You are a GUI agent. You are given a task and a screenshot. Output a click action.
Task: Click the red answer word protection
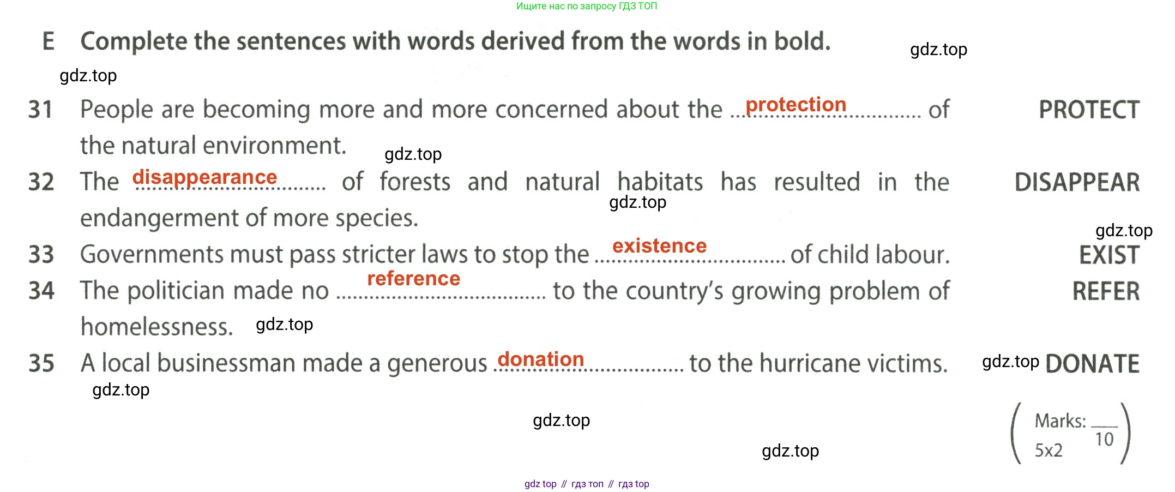(x=796, y=105)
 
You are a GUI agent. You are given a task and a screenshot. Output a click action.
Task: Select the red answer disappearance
(x=204, y=178)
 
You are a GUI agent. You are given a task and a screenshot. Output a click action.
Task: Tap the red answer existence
(x=659, y=246)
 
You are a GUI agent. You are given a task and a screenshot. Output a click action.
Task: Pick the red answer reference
(x=413, y=279)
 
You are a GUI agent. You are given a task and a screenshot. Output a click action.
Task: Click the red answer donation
(x=541, y=359)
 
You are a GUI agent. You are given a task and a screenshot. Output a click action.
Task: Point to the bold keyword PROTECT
(x=1089, y=110)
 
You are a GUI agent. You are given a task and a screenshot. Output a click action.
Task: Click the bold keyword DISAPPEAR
(x=1077, y=182)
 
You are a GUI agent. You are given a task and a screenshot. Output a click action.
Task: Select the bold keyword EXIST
(x=1109, y=255)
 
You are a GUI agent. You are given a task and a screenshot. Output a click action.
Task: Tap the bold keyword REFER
(x=1106, y=291)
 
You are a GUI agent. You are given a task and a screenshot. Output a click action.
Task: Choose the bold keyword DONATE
(x=1092, y=364)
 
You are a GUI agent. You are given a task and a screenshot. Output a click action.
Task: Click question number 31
(x=40, y=110)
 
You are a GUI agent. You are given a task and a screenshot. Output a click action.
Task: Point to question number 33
(x=41, y=255)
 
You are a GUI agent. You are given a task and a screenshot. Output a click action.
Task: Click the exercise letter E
(x=49, y=41)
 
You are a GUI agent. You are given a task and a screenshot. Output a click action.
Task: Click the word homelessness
(x=157, y=327)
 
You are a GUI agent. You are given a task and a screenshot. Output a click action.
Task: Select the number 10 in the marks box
(x=1104, y=439)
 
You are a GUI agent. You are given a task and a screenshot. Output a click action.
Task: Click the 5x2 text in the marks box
(x=1049, y=451)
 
